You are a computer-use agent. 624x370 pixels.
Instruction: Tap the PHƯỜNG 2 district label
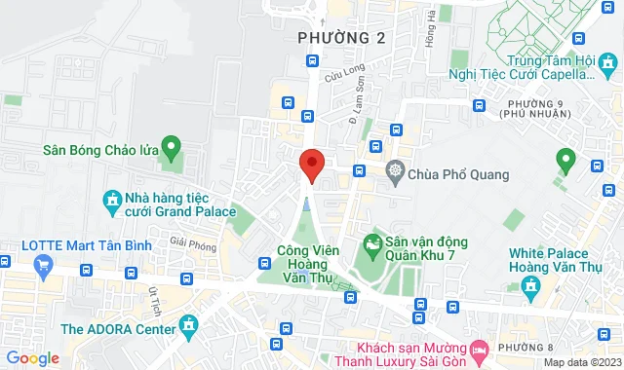pyautogui.click(x=340, y=38)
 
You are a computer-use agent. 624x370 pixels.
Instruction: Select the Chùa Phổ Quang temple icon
pyautogui.click(x=395, y=173)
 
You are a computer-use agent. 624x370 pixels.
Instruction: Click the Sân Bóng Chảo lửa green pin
pyautogui.click(x=172, y=149)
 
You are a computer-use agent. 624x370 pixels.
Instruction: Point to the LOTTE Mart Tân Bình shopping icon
pyautogui.click(x=43, y=265)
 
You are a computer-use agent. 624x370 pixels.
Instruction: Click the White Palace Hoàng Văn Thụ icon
pyautogui.click(x=531, y=286)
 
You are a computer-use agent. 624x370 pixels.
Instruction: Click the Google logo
pyautogui.click(x=31, y=358)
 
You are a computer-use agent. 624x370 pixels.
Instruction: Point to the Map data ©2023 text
pyautogui.click(x=581, y=362)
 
